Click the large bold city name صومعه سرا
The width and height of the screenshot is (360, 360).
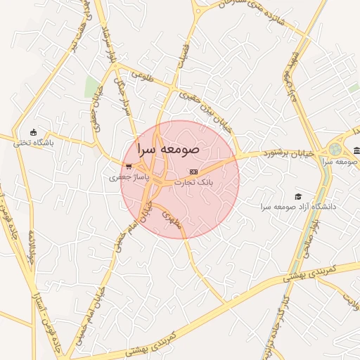point(169,149)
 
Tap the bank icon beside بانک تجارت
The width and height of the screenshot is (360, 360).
point(194,172)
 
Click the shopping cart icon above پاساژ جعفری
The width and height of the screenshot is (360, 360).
point(128,167)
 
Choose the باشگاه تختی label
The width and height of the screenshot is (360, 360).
point(33,143)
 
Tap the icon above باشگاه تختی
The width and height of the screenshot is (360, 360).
point(33,132)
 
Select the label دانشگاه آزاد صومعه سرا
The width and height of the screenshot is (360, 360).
point(298,207)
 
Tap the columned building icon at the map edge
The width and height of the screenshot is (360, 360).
point(356,150)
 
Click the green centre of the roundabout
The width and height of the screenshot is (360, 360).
point(335,150)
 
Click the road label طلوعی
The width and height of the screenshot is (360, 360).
point(141,74)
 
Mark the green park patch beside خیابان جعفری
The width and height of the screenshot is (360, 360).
point(91,88)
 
